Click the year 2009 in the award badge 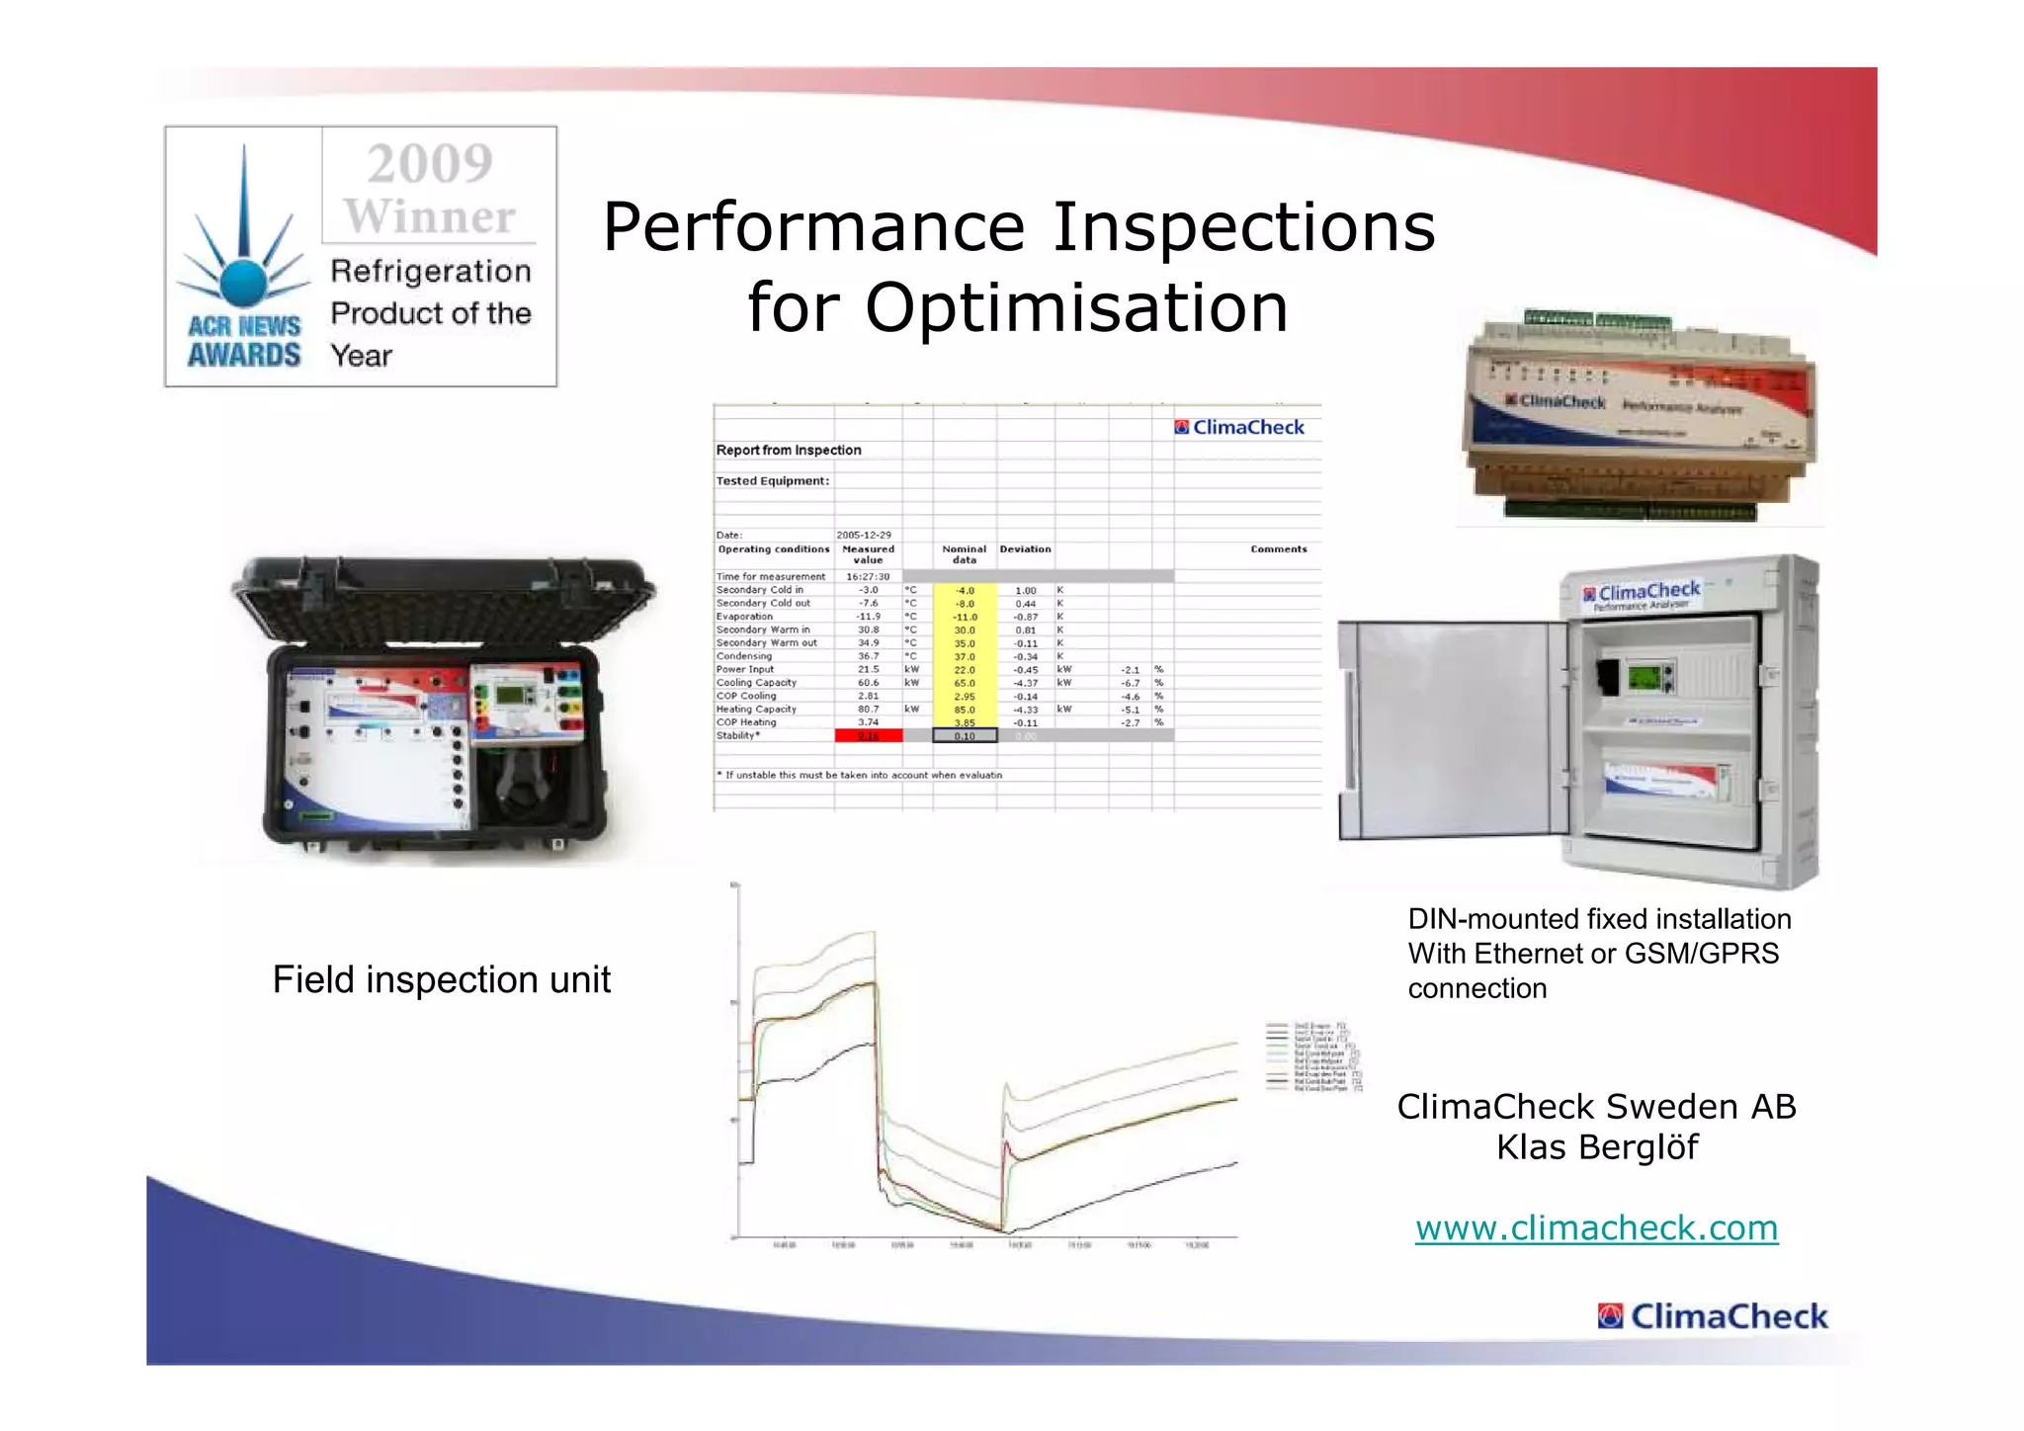tap(430, 164)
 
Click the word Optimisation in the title tap(1076, 307)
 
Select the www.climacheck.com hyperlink tap(1596, 1227)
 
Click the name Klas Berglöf tap(1596, 1147)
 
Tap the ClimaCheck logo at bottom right tap(1713, 1316)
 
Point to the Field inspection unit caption tap(441, 979)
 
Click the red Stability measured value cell tap(868, 736)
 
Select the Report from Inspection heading tap(789, 451)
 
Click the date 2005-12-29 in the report tap(864, 535)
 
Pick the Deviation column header tap(1025, 549)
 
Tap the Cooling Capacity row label tap(756, 683)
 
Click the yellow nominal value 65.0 tap(965, 683)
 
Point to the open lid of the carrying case tap(445, 602)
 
